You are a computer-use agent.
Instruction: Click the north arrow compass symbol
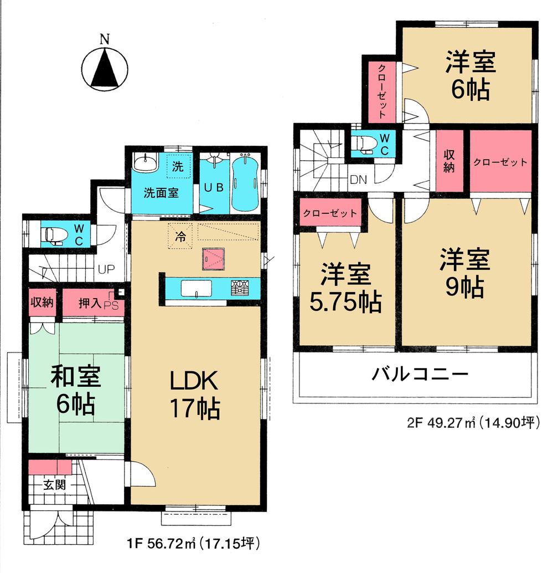[x=104, y=69]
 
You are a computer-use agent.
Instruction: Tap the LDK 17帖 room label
[x=194, y=395]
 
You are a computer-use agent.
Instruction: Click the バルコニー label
[x=420, y=374]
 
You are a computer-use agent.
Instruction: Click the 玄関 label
[x=55, y=485]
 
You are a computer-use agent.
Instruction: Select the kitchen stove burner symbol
[x=240, y=288]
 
